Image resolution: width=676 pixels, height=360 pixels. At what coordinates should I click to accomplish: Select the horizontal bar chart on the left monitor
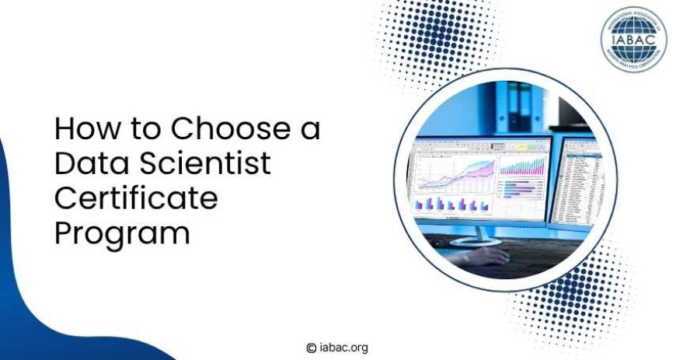pyautogui.click(x=517, y=190)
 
